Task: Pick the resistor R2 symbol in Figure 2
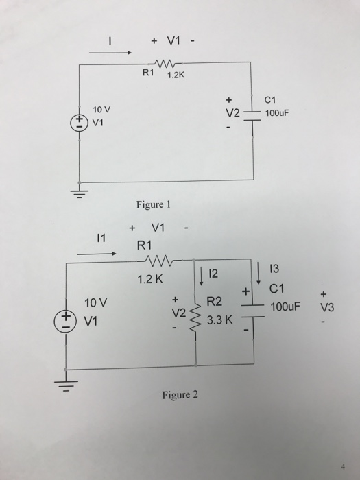click(197, 314)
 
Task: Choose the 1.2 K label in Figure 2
click(149, 279)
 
